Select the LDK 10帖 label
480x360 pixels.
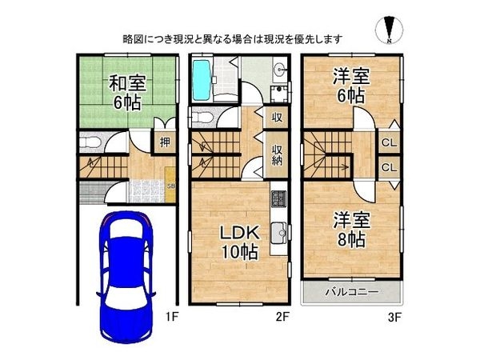[238, 242]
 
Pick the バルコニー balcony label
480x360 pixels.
[351, 291]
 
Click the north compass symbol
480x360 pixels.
[387, 30]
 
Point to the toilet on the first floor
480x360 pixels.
[90, 144]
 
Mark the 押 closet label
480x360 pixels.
[164, 143]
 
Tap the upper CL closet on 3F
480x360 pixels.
[388, 142]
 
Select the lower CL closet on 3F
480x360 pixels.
[388, 167]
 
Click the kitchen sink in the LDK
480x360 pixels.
[278, 234]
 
